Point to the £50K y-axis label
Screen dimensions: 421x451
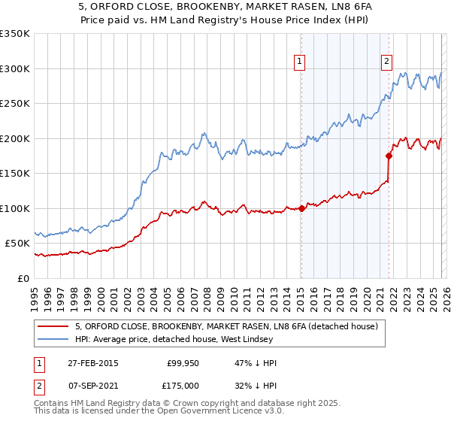(17, 244)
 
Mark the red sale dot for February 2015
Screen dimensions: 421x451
(301, 208)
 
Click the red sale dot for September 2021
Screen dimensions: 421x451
(389, 156)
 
